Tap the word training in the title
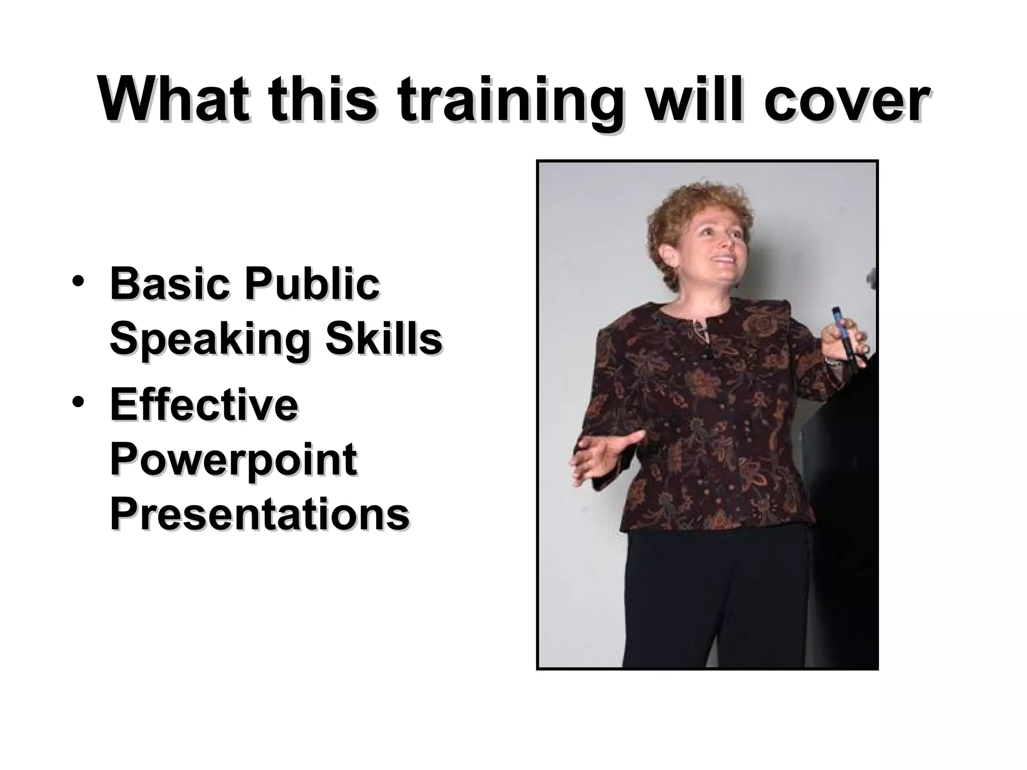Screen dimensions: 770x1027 (510, 102)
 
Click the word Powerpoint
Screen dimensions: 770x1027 (233, 461)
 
